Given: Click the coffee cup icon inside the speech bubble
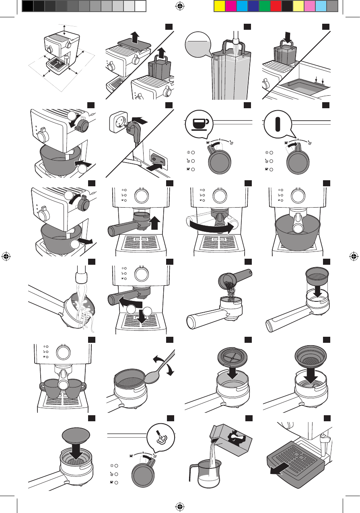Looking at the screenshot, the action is click(198, 122).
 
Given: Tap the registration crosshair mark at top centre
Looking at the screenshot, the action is click(180, 6).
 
